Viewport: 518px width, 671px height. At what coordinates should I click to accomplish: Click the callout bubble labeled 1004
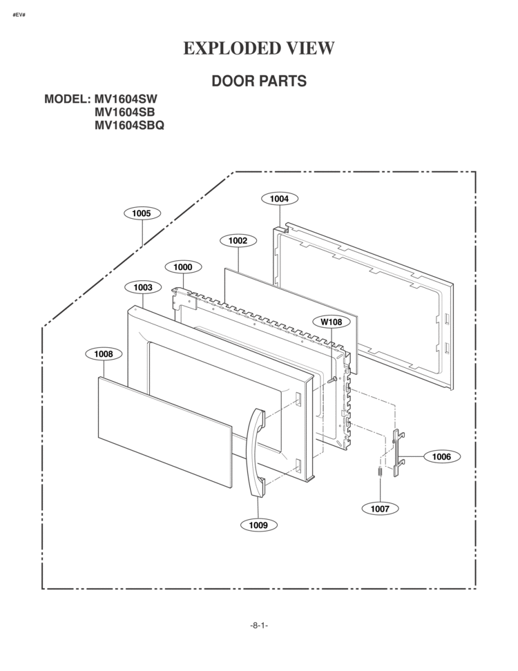[280, 199]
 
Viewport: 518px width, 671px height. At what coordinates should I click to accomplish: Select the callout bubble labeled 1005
[142, 213]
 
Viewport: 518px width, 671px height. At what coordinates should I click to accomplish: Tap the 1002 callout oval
[238, 240]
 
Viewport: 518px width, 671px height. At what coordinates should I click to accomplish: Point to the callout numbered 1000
[183, 267]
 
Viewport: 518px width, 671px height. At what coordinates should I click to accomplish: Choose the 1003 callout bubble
[143, 287]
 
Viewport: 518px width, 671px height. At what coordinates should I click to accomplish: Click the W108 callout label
[332, 322]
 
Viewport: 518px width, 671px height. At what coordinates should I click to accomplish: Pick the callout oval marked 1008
[104, 354]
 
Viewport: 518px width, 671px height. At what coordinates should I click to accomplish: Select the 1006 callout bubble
[442, 456]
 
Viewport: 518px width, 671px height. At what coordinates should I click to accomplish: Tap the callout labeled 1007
[380, 508]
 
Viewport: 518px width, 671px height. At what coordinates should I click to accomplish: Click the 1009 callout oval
[258, 525]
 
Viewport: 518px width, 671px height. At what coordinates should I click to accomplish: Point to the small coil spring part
[380, 471]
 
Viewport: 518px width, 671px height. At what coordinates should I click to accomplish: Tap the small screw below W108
[332, 380]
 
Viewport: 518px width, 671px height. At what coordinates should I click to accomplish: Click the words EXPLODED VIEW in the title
[259, 48]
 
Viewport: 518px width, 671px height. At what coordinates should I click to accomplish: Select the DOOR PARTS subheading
[259, 81]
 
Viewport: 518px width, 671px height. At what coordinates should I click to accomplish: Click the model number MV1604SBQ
[129, 126]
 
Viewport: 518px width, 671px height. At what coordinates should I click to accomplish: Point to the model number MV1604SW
[126, 99]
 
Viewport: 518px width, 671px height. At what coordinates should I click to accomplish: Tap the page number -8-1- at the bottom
[259, 625]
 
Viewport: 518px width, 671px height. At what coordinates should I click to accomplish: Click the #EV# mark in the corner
[19, 15]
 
